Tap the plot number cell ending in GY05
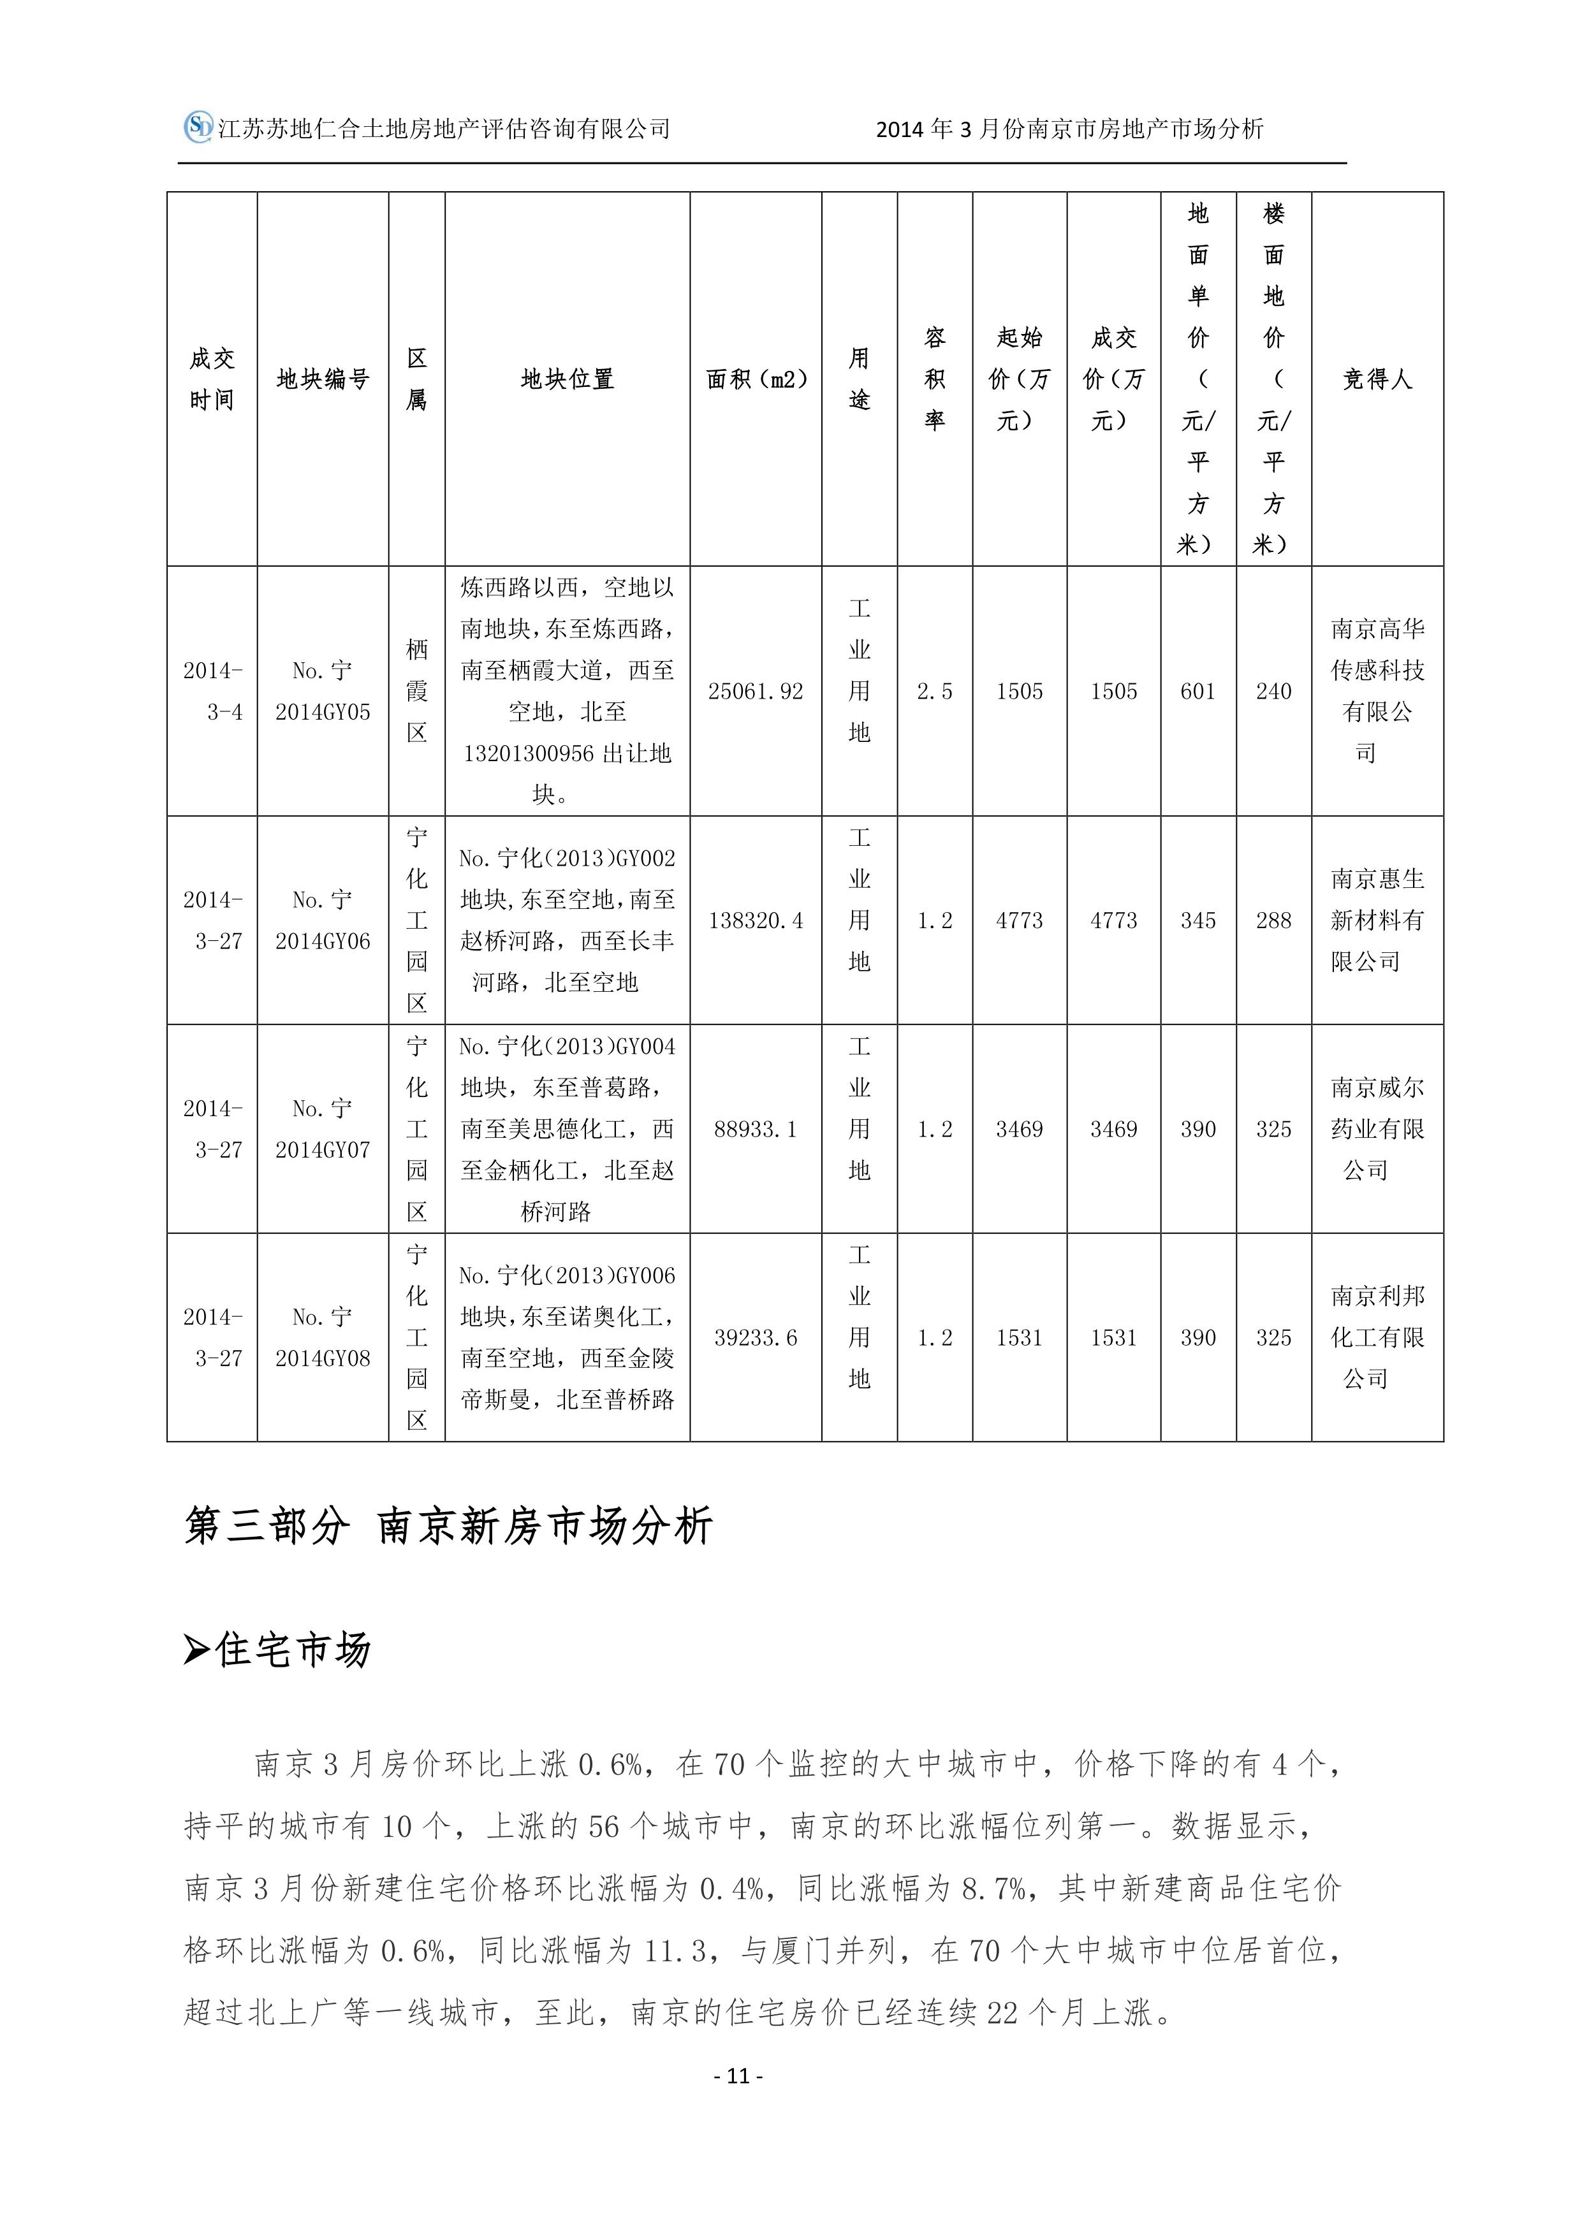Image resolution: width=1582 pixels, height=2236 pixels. coord(323,692)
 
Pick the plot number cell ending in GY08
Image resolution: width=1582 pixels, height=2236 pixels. coord(323,1337)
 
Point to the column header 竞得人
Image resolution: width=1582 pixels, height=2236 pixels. coord(1377,379)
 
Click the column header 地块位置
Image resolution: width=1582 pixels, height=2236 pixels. coord(567,379)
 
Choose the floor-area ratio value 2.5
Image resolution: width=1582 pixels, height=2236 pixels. coord(934,692)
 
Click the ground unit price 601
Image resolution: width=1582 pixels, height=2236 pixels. coord(1197,692)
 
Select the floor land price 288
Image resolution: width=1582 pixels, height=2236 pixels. coord(1273,920)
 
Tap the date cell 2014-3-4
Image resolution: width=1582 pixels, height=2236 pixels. coord(212,692)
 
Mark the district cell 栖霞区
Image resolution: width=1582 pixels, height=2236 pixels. coord(417,692)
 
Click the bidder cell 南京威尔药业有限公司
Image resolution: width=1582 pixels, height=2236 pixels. coord(1377,1129)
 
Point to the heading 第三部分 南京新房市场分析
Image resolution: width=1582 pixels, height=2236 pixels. coord(448,1526)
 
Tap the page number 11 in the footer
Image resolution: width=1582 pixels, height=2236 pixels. coord(738,2076)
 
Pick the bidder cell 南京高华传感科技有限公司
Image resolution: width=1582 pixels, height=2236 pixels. coord(1377,692)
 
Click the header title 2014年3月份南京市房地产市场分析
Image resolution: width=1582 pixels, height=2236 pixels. coord(1069,129)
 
